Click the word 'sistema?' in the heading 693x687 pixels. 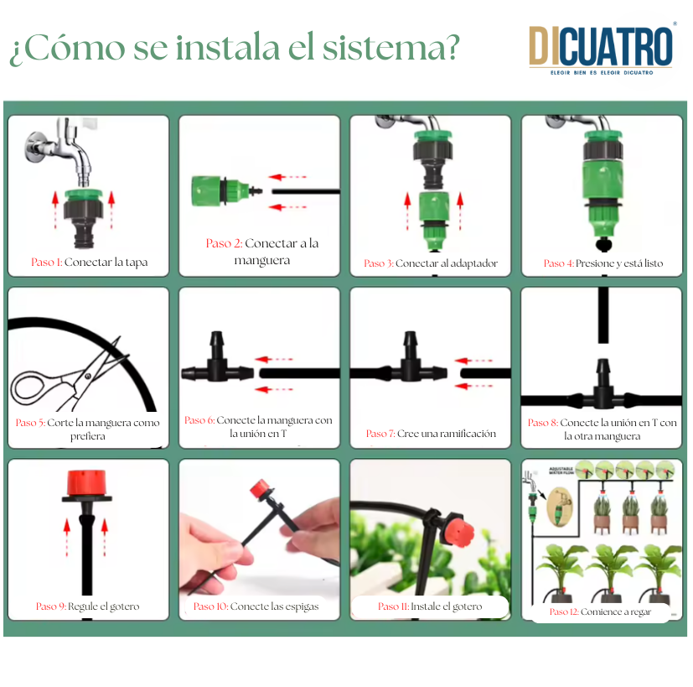pyautogui.click(x=391, y=47)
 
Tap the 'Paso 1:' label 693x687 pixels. pyautogui.click(x=46, y=262)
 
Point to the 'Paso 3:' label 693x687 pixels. pyautogui.click(x=378, y=263)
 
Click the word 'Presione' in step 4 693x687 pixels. pyautogui.click(x=594, y=263)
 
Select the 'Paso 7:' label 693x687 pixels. pyautogui.click(x=380, y=434)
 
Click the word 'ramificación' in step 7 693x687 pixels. pyautogui.click(x=468, y=434)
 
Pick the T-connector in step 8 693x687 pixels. pyautogui.click(x=602, y=388)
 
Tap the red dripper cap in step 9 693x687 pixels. pyautogui.click(x=86, y=483)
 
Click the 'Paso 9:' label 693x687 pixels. pyautogui.click(x=51, y=606)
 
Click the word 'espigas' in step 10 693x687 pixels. pyautogui.click(x=302, y=606)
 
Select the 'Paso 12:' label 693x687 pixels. pyautogui.click(x=564, y=612)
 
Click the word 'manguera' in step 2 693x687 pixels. pyautogui.click(x=262, y=261)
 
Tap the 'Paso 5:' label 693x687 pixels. pyautogui.click(x=30, y=423)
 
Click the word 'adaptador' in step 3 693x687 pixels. pyautogui.click(x=474, y=263)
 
